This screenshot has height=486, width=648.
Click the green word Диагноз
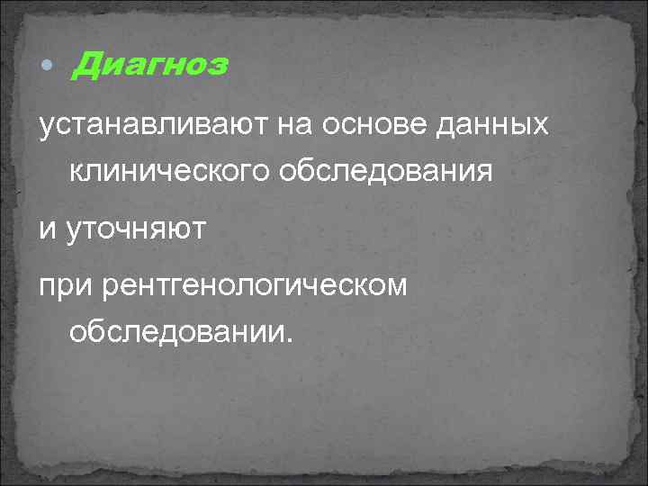pyautogui.click(x=149, y=66)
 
